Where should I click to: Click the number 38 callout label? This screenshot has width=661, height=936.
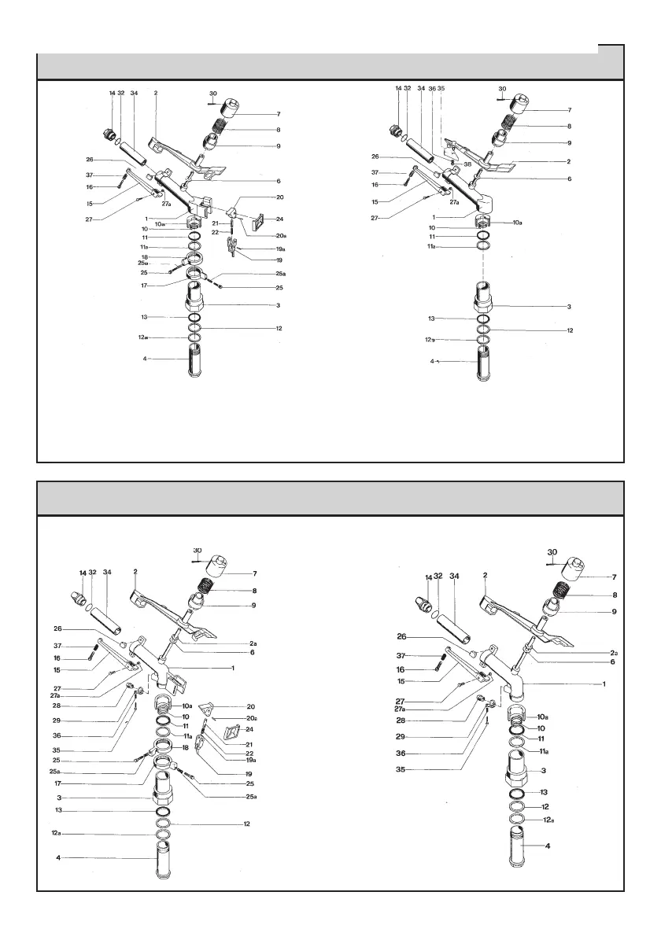coord(467,165)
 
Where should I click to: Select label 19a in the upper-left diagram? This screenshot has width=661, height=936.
coord(280,249)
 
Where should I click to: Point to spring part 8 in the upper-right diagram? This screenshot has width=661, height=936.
coord(512,123)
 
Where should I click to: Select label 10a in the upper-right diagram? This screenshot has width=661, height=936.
coord(517,223)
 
